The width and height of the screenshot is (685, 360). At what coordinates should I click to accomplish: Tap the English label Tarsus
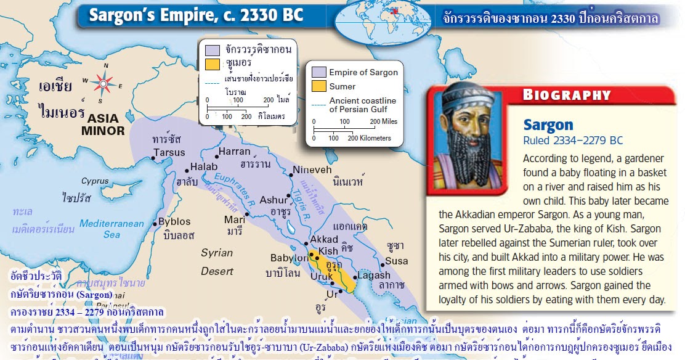click(x=169, y=152)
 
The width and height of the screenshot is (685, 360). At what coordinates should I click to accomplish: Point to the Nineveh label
click(x=312, y=170)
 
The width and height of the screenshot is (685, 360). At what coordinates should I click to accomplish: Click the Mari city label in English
click(x=234, y=219)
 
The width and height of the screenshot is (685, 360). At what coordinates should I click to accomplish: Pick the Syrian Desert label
click(x=216, y=261)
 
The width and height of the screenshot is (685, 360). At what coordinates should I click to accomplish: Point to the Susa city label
click(x=397, y=260)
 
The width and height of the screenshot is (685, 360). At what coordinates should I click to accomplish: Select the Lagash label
click(x=373, y=275)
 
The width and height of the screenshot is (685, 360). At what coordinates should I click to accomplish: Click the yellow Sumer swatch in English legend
click(x=318, y=86)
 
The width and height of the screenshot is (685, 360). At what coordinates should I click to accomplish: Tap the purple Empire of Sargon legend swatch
click(x=318, y=72)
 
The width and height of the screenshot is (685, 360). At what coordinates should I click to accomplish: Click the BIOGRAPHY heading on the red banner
click(x=566, y=95)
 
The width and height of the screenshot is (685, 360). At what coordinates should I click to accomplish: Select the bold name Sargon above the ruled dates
click(x=548, y=125)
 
